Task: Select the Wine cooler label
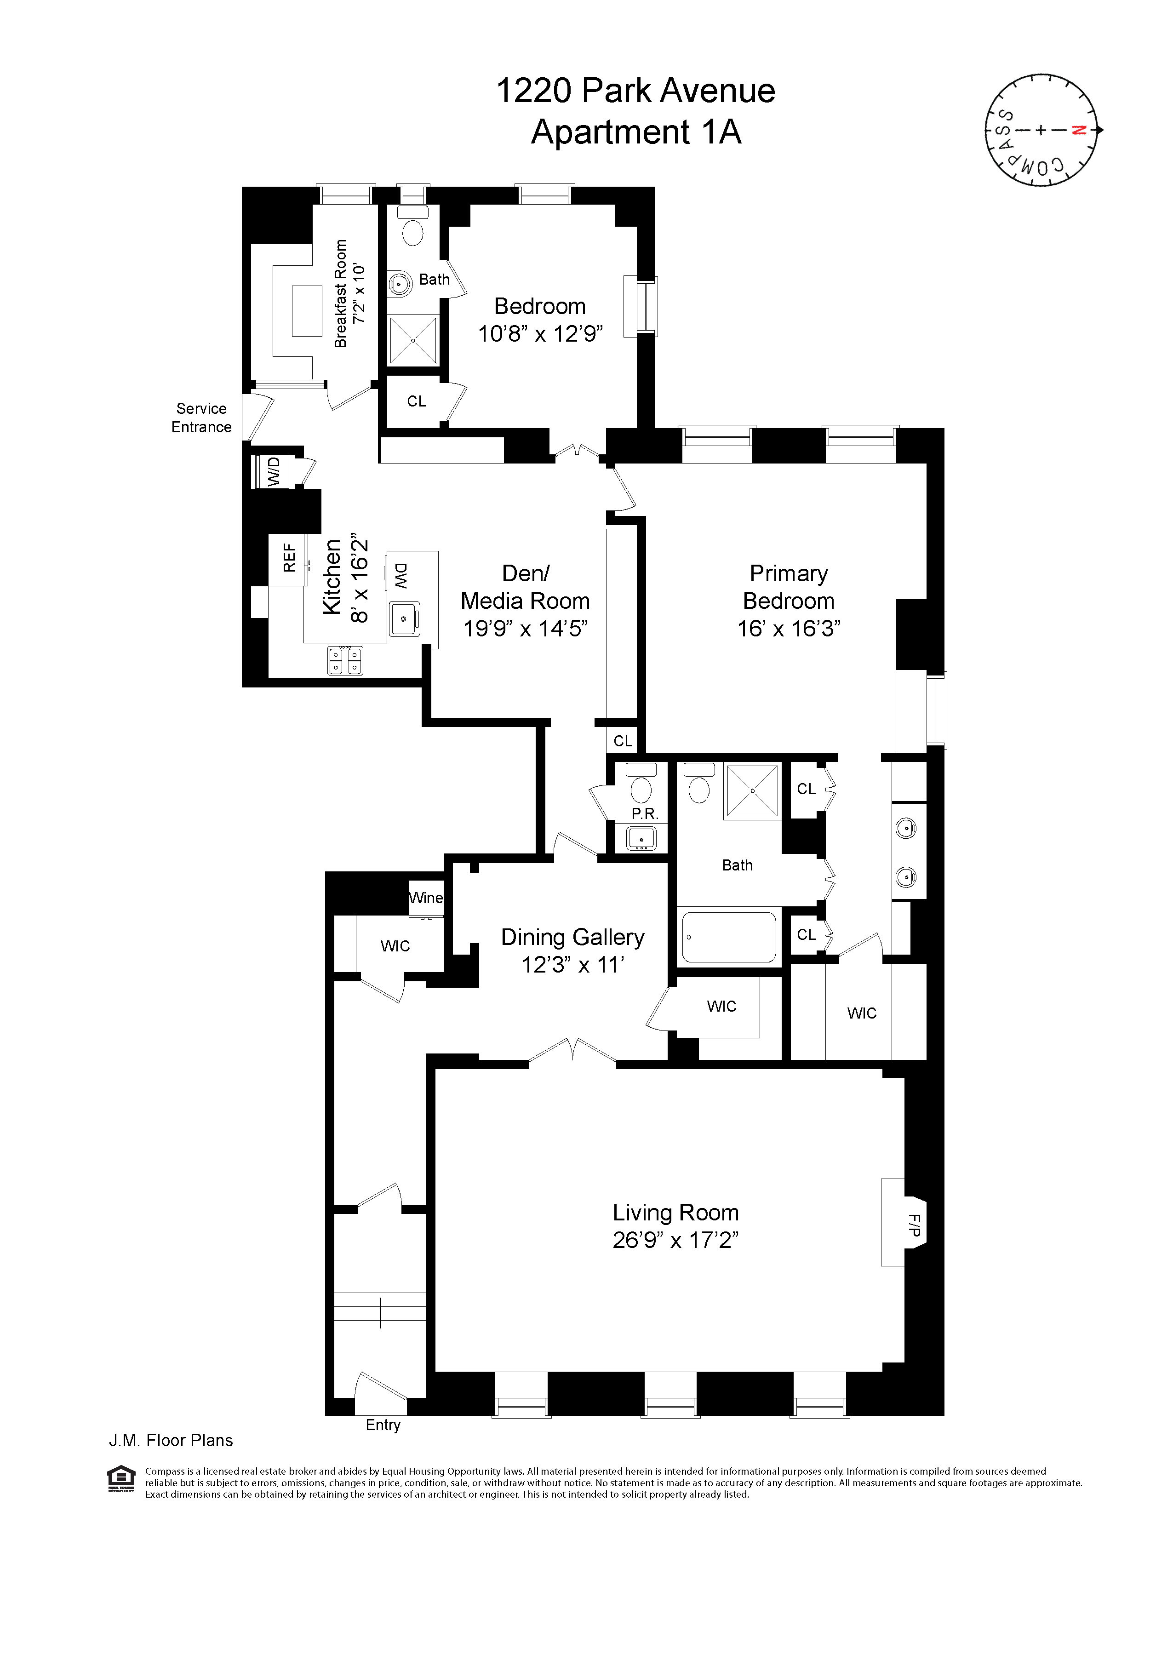coord(425,898)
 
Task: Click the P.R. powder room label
coord(644,813)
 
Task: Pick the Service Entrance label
coord(201,418)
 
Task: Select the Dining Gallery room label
coord(572,937)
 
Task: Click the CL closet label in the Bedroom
coord(417,401)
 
